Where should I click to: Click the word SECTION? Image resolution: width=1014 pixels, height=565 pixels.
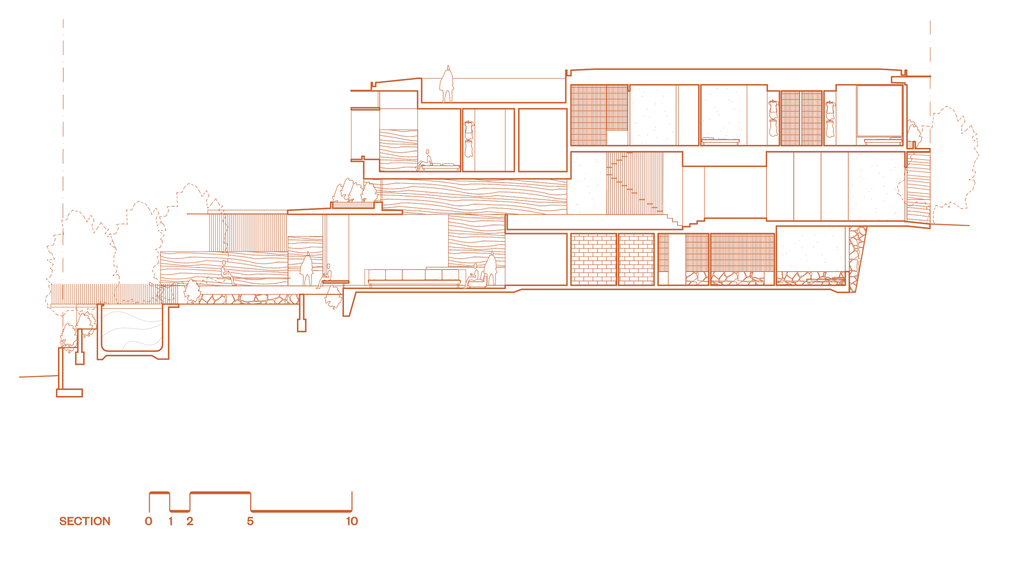(85, 521)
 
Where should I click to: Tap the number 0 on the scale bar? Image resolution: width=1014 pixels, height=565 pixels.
(149, 521)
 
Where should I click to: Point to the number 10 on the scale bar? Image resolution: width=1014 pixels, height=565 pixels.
(352, 521)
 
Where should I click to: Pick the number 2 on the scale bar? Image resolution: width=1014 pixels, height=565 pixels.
(190, 521)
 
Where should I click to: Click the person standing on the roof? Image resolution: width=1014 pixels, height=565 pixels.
(447, 85)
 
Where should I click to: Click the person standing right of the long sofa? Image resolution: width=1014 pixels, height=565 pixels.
(491, 269)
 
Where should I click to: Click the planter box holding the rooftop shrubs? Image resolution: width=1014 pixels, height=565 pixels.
(353, 205)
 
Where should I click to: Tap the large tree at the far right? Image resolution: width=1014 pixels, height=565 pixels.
(949, 162)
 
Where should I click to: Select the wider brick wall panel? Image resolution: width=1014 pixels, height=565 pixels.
(593, 259)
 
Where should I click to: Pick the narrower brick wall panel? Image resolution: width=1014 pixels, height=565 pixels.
(636, 259)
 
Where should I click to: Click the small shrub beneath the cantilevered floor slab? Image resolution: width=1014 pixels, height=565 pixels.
(333, 297)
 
